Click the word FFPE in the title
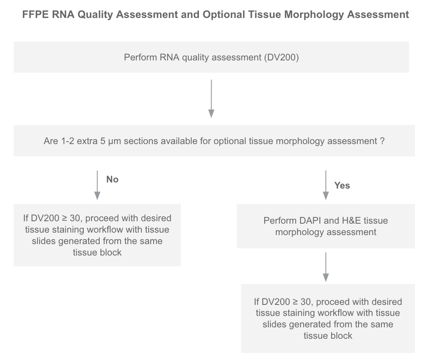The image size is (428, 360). coord(35,14)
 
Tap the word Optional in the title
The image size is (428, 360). coord(224,14)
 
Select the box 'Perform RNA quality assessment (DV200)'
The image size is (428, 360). coord(211,57)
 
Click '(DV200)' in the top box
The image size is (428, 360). coord(281,57)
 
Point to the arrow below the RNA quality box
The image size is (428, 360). coord(211,99)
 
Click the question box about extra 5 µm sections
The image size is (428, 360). coord(214,141)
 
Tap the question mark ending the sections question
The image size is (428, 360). coord(382,141)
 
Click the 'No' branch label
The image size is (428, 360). coord(112,179)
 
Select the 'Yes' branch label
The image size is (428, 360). coord(342,185)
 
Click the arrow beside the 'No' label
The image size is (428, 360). coord(97,185)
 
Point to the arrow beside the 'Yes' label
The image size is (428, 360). coord(325,185)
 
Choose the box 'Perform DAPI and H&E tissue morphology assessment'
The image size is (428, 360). coord(325,226)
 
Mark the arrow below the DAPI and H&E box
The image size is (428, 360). coord(325,267)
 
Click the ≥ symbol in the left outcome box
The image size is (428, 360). coord(65,218)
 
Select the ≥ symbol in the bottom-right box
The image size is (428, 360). coord(295,302)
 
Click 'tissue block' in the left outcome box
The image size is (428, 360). coord(97,252)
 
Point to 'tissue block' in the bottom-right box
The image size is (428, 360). coord(328,336)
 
